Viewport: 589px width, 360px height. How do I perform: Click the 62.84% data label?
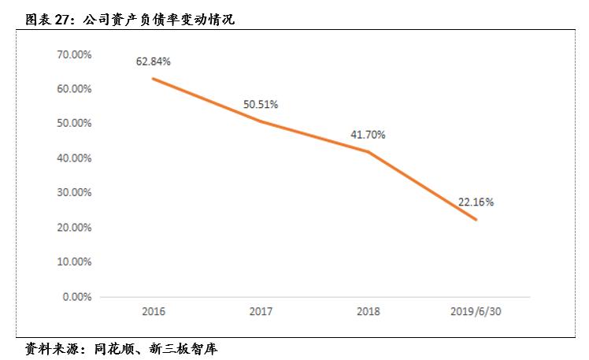point(153,61)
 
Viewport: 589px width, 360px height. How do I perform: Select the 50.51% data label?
point(260,104)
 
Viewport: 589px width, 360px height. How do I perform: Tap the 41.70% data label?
point(368,135)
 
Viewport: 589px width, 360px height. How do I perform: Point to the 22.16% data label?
point(476,202)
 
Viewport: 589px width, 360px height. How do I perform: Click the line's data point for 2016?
point(153,78)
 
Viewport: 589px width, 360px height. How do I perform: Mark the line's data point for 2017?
point(260,121)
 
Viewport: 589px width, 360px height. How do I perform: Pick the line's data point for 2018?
point(368,152)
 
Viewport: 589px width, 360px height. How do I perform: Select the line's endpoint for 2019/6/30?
point(476,220)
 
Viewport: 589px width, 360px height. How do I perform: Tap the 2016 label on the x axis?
point(153,312)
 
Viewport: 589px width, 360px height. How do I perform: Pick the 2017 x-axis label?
point(260,312)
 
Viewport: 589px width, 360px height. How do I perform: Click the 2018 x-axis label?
point(368,312)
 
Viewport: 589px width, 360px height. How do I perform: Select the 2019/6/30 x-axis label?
point(476,312)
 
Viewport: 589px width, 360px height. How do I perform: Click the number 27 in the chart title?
point(67,20)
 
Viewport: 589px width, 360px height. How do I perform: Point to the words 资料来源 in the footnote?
point(45,347)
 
